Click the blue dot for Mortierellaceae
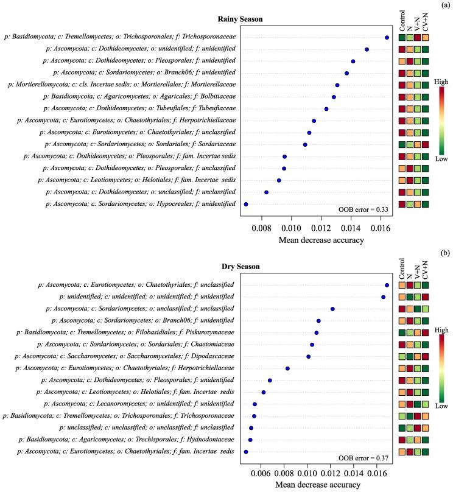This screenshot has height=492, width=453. point(337,85)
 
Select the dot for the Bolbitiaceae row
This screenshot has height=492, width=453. point(334,97)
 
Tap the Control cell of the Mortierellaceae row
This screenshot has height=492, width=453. point(402,85)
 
